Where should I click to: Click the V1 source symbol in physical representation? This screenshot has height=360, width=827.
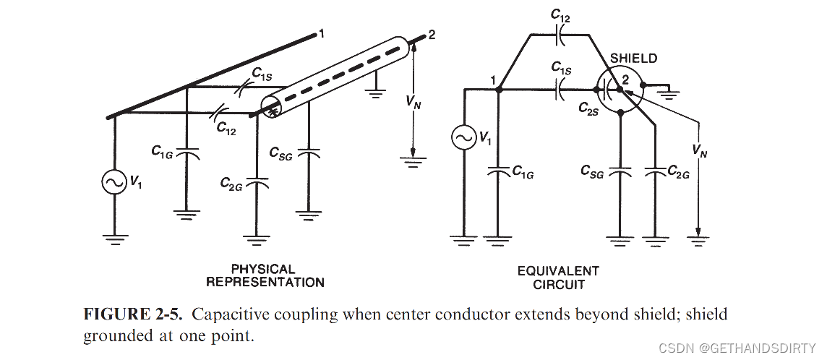click(114, 184)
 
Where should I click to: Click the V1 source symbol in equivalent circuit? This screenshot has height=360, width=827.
click(462, 137)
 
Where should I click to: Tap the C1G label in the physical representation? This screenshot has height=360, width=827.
click(162, 151)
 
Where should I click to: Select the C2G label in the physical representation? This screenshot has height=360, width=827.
click(231, 184)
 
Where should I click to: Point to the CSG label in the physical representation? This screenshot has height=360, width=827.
click(280, 153)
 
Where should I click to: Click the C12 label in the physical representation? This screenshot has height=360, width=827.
click(226, 128)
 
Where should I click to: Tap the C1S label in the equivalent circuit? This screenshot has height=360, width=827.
click(561, 68)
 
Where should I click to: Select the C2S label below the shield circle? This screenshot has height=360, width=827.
click(588, 108)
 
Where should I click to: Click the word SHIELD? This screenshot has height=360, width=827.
click(633, 59)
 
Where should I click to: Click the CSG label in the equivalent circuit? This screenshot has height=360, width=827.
click(593, 171)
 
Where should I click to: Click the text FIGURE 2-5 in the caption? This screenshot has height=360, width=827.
click(135, 314)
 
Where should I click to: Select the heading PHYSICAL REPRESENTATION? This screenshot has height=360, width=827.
click(265, 275)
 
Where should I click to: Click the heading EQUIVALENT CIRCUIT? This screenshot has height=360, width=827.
click(558, 277)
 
